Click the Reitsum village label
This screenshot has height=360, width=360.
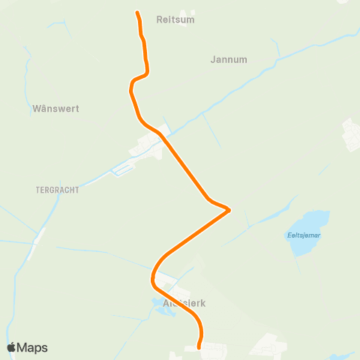[x=175, y=20]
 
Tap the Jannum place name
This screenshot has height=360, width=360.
[x=229, y=59]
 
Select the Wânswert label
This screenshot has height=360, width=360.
[x=55, y=109]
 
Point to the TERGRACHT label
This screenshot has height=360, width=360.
[x=57, y=190]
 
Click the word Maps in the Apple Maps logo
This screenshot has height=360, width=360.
[x=33, y=347]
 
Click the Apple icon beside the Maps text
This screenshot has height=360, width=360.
[x=12, y=346]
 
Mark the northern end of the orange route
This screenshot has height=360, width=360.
[x=137, y=13]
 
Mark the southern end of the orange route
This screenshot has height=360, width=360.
[x=199, y=347]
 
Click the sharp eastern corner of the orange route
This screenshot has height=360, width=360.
[x=228, y=210]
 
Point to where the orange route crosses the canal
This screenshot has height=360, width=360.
[x=161, y=136]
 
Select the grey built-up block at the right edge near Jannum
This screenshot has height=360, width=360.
[x=350, y=133]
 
